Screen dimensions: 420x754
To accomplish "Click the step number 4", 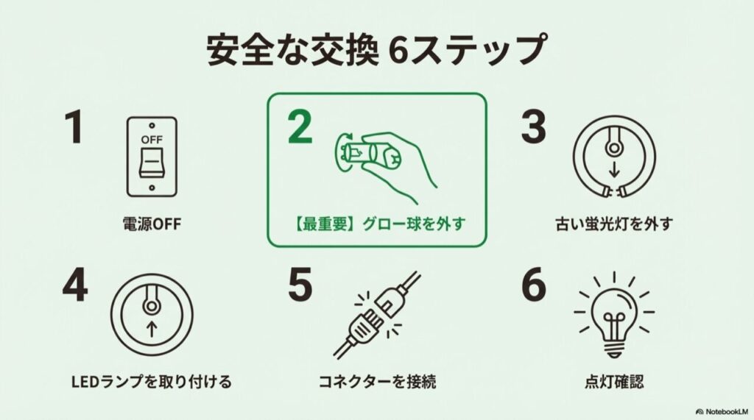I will pos(74,285).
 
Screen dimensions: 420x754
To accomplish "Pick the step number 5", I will pos(300,285).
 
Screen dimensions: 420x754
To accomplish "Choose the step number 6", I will pos(534,285).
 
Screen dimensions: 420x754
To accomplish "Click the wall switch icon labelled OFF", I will pos(152,157).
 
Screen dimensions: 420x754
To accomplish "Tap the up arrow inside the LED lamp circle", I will pos(152,330).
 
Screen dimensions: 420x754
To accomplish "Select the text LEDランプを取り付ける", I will pos(151,382).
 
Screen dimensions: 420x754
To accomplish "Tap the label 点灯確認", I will pos(614,382).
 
